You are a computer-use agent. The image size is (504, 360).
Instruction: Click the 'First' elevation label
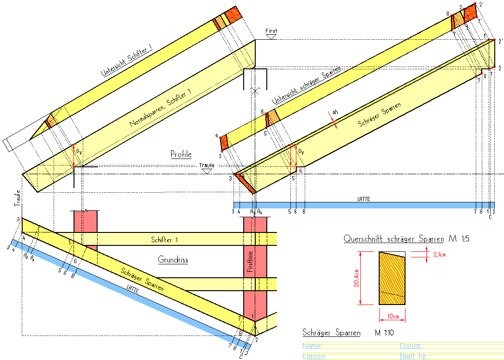271,31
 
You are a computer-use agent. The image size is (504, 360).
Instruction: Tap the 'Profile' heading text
181,154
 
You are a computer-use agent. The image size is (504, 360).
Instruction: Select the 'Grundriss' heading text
173,260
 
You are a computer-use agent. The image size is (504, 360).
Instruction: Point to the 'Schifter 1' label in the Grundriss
164,240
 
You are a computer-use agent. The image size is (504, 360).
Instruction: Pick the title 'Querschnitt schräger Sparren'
393,239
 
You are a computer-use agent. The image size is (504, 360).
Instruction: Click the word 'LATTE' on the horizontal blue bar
364,199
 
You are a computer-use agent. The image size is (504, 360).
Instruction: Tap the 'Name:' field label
312,346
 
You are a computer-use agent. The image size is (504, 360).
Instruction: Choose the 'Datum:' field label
411,346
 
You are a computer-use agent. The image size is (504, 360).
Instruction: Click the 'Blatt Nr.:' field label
415,356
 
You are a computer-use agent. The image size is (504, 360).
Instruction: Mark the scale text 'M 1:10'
384,333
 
